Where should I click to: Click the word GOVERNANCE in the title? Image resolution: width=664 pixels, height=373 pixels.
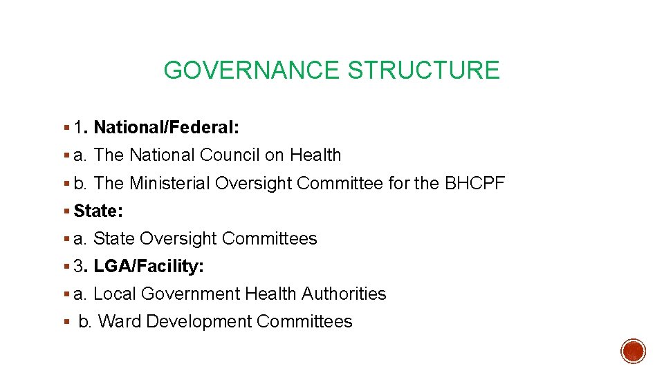(252, 70)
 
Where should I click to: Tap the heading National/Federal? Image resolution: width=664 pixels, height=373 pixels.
(166, 128)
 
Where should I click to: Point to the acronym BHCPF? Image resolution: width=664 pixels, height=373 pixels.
(475, 183)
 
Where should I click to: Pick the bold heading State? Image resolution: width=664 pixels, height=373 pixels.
(98, 211)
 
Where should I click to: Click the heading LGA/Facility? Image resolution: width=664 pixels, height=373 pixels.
(148, 266)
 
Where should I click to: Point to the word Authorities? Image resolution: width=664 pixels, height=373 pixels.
(344, 294)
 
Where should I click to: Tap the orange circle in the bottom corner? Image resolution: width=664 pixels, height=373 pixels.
(633, 351)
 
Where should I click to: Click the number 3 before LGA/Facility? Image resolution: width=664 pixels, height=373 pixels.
(78, 266)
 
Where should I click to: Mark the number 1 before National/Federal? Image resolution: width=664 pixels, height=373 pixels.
(79, 128)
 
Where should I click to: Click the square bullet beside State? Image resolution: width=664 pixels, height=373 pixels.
(66, 211)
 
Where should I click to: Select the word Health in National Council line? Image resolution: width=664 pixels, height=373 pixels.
(315, 155)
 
